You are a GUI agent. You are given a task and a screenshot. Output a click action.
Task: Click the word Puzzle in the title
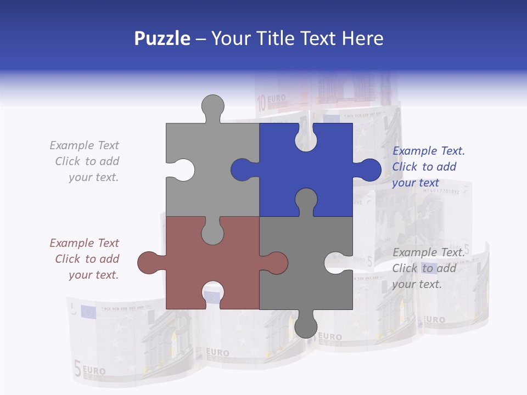click(162, 38)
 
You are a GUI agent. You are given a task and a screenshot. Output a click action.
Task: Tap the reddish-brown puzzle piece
click(181, 263)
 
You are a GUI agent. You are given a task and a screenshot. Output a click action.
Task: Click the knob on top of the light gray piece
click(212, 107)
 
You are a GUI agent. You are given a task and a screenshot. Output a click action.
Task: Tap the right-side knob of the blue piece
click(368, 170)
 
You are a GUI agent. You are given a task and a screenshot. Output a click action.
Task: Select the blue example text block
click(428, 167)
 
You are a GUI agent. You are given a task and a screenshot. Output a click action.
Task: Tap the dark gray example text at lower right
click(428, 268)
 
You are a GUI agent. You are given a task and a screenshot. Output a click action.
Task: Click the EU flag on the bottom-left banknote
click(88, 312)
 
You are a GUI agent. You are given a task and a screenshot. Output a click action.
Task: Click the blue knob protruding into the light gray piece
click(242, 170)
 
